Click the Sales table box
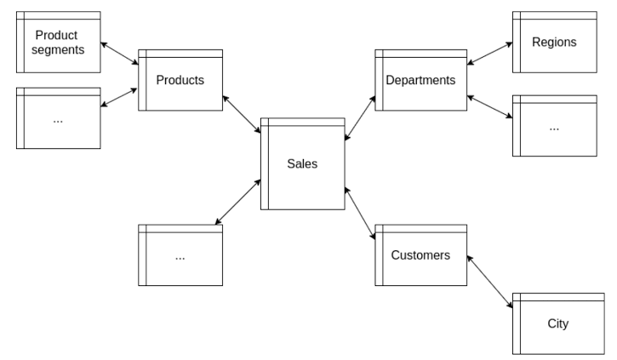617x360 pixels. point(302,164)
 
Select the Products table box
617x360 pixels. point(180,80)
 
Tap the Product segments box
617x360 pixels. point(58,43)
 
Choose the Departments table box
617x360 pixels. point(420,80)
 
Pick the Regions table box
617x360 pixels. point(554,42)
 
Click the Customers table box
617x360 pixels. point(420,254)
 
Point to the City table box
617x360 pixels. point(557,323)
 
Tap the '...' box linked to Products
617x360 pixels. point(58,118)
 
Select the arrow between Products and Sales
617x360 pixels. point(242,115)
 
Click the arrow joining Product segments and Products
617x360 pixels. point(119,54)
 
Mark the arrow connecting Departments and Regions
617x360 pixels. point(489,52)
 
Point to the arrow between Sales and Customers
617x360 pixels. point(360,213)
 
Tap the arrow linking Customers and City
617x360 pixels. point(490,280)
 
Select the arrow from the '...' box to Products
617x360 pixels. point(119,96)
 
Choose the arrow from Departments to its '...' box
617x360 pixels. point(489,106)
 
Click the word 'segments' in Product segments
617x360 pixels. point(58,49)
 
